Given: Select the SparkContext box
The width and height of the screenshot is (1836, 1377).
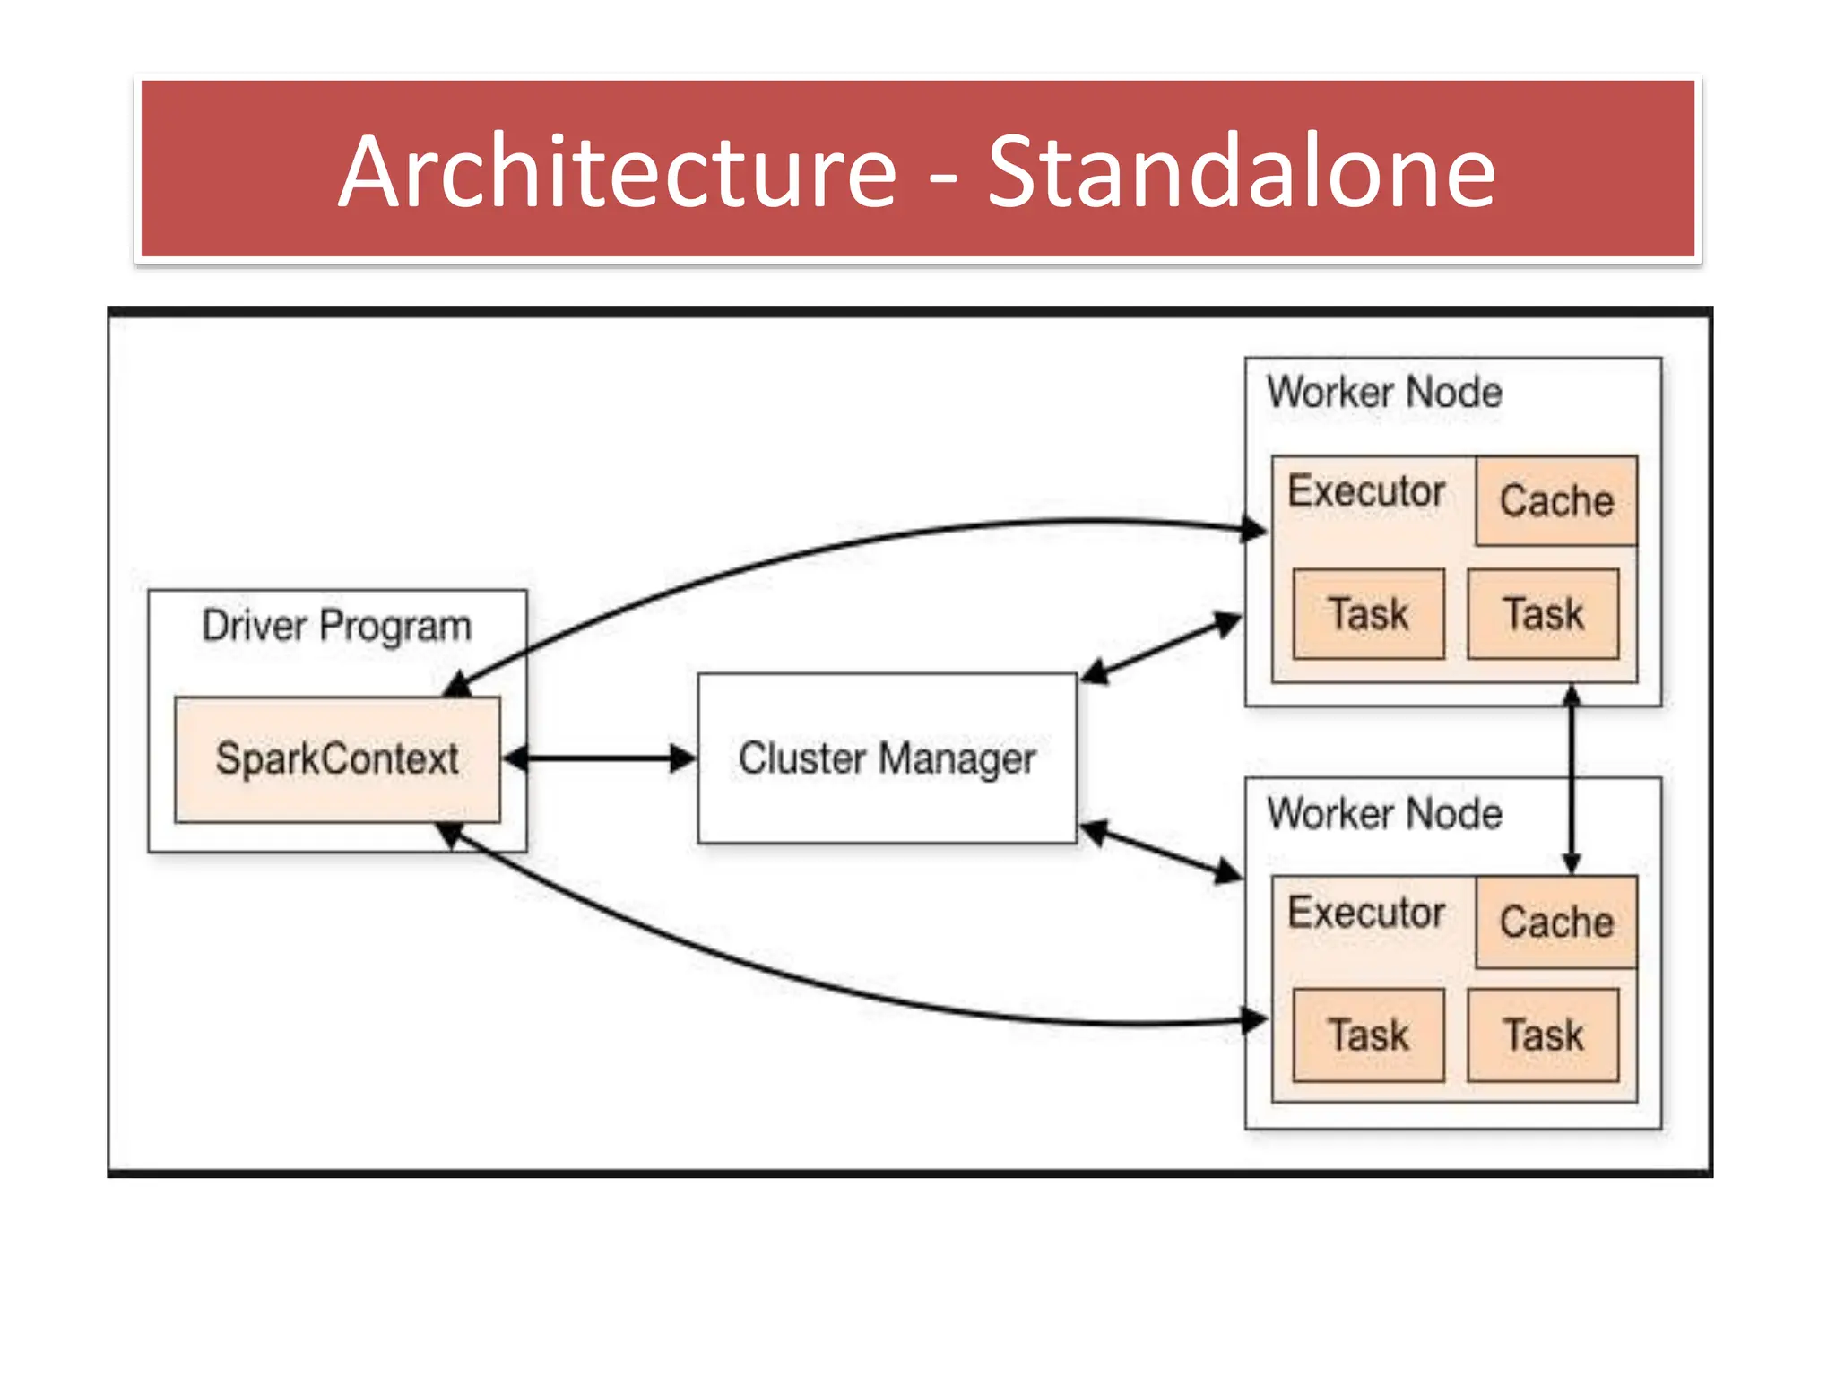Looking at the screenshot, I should [x=337, y=759].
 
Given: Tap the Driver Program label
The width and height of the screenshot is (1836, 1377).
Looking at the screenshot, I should [x=336, y=626].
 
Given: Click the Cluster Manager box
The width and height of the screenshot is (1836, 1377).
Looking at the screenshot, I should [x=887, y=758].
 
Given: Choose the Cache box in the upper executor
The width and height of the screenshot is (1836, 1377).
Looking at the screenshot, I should [x=1556, y=500].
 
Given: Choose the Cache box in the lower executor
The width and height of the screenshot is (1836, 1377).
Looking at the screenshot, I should [x=1556, y=922].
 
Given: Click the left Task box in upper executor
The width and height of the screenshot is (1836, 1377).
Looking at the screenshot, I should [x=1368, y=614].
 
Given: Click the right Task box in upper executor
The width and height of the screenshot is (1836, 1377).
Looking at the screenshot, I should [x=1543, y=614].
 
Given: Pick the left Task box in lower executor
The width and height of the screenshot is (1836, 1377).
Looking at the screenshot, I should [x=1368, y=1035].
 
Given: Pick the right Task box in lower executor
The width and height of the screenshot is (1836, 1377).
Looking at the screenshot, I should [x=1543, y=1035].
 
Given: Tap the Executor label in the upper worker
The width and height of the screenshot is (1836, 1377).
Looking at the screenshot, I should [x=1365, y=491].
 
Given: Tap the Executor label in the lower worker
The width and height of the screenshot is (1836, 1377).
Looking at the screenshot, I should [x=1365, y=913].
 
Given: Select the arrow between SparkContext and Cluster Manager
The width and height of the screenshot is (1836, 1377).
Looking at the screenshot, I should [x=599, y=759].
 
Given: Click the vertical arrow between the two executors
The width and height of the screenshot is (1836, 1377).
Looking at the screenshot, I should [x=1571, y=778].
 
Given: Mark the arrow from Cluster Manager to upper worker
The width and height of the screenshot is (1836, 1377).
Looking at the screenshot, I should [x=1162, y=647].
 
